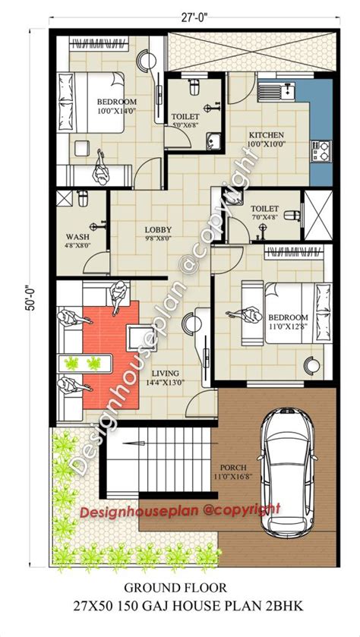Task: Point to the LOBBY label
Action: pos(158,229)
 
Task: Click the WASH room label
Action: pos(77,237)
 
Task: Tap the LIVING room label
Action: pos(165,374)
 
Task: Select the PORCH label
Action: pos(233,468)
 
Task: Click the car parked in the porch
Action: pos(287,471)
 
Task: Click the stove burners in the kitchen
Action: pos(321,151)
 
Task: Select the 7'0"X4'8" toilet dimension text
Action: pos(264,217)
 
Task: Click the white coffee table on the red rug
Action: pos(141,338)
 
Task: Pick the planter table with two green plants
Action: pos(85,363)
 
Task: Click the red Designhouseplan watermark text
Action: pos(179,511)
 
